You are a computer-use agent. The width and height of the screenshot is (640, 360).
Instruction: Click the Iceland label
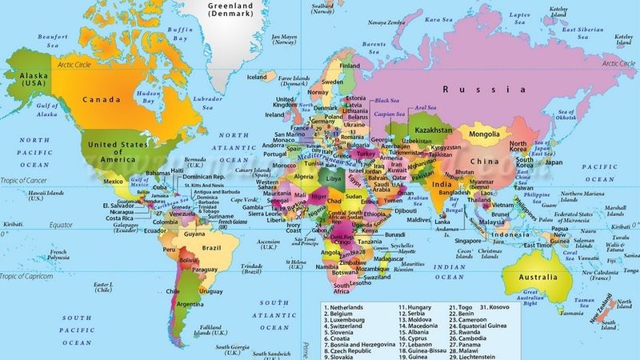257,78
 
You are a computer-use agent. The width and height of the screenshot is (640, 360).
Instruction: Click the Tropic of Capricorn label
29,276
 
